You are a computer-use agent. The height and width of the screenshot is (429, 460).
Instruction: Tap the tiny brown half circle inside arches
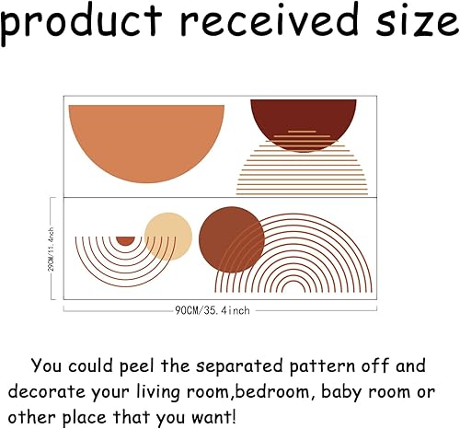coord(125,240)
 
